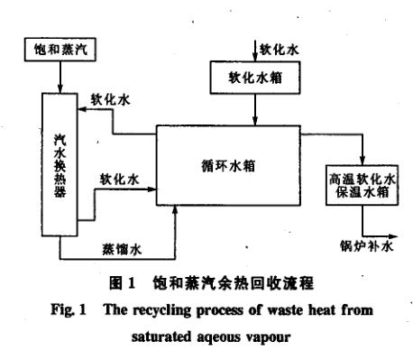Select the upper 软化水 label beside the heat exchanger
111,100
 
